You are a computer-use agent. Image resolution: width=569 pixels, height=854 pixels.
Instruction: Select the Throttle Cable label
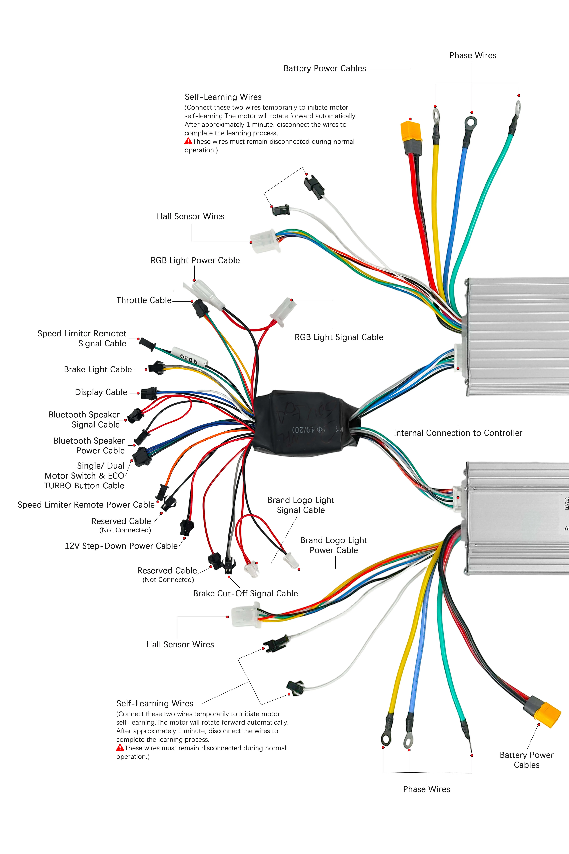[x=144, y=300]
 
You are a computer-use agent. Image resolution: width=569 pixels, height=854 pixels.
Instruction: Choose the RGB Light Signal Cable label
[x=339, y=337]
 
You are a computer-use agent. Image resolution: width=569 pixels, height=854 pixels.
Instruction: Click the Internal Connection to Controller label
[x=458, y=433]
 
